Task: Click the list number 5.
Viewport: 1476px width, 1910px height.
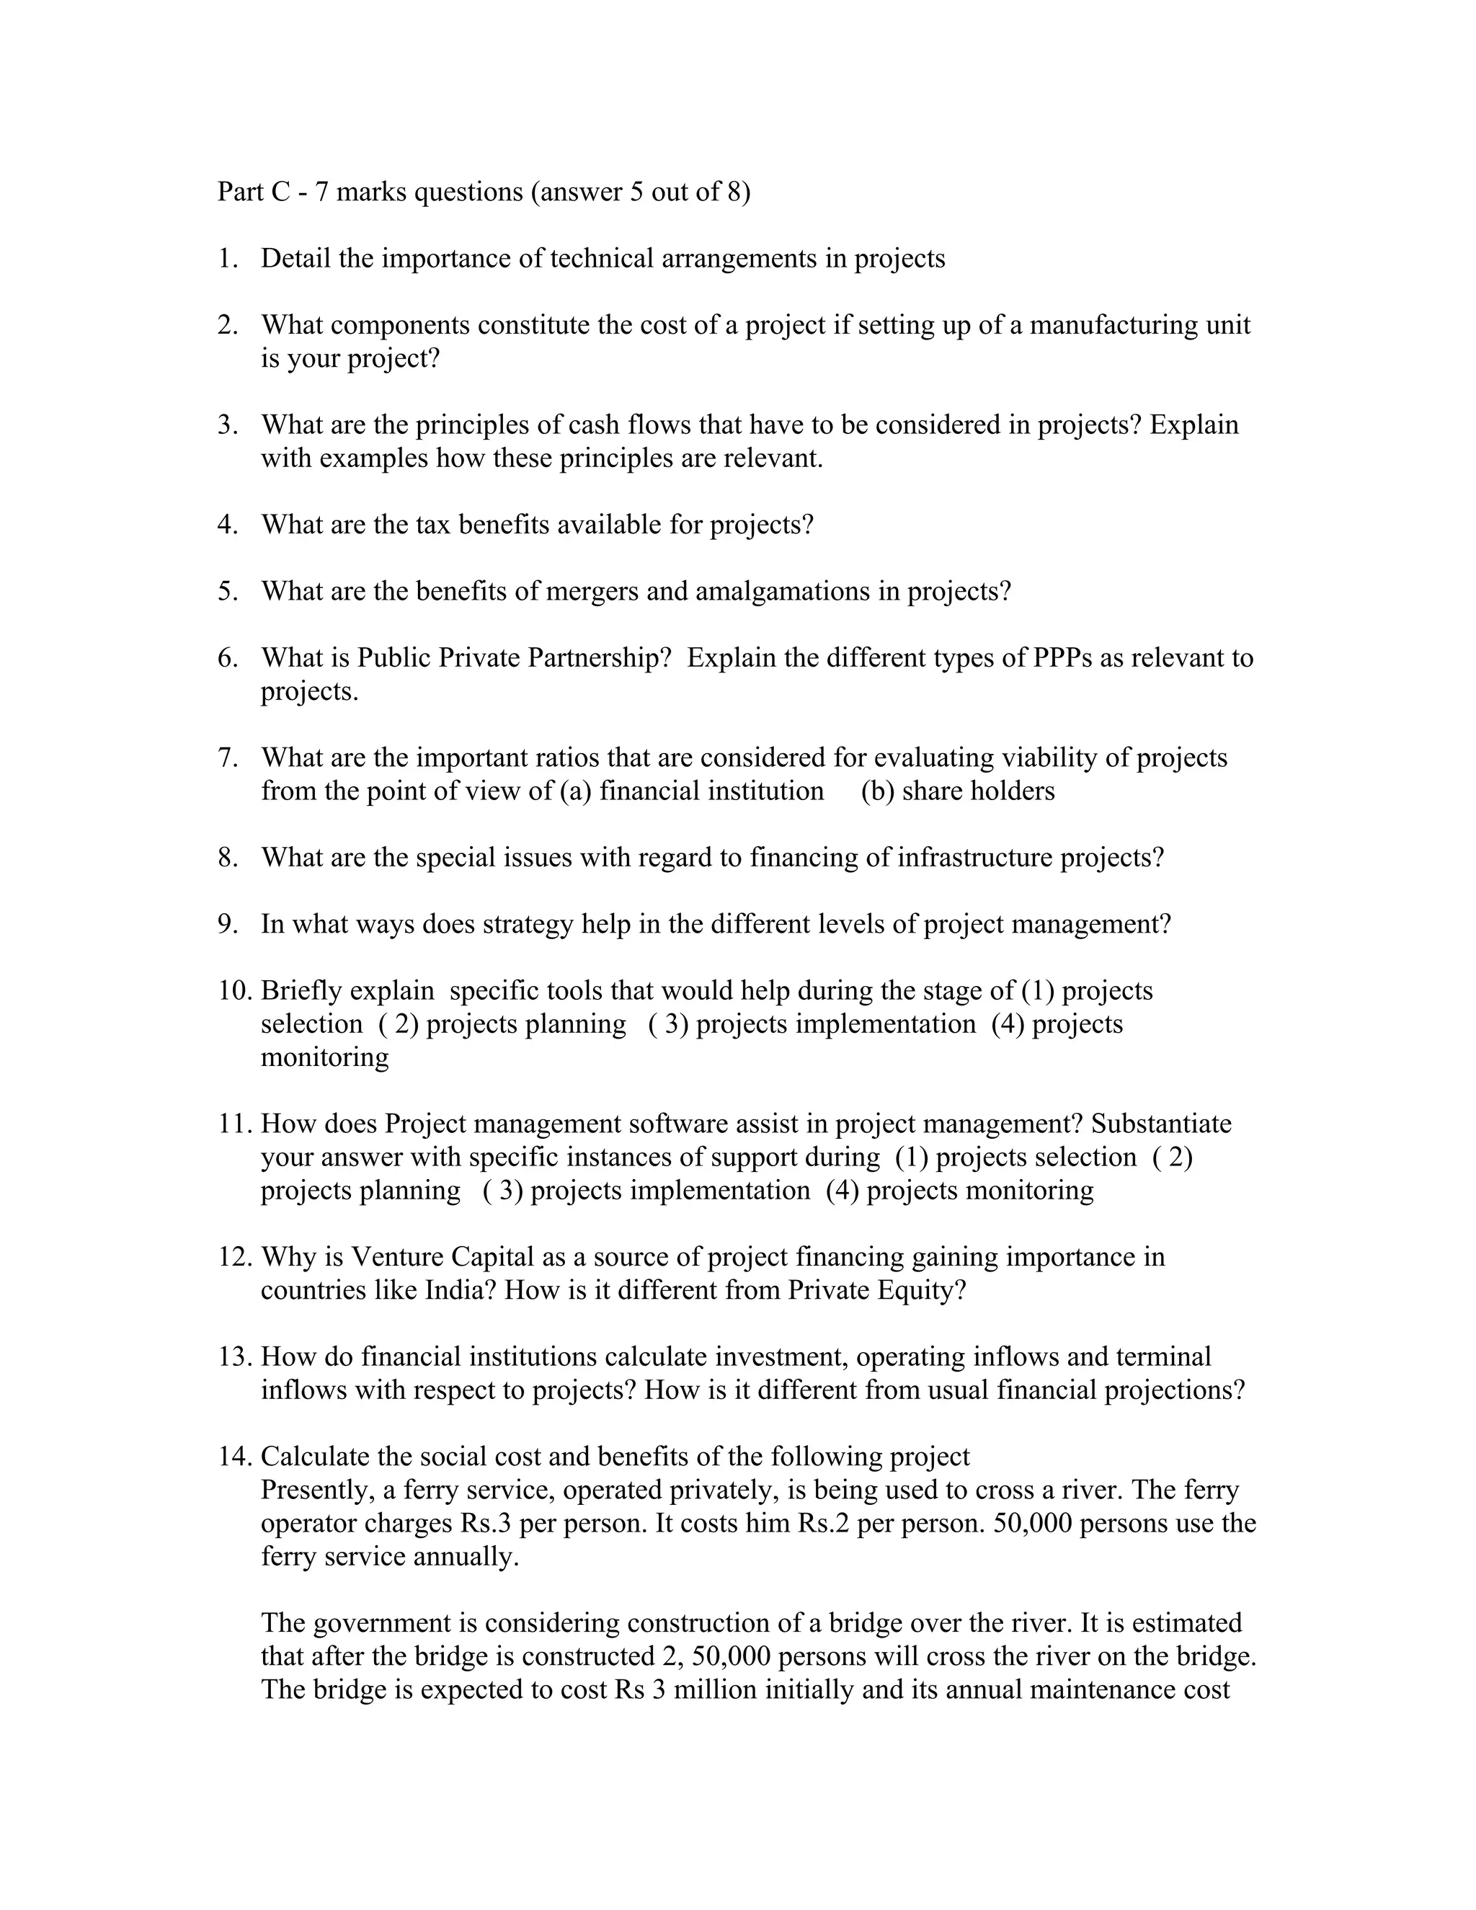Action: [x=226, y=591]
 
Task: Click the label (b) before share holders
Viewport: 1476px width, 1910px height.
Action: [x=877, y=791]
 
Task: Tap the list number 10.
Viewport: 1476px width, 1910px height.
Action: [x=234, y=990]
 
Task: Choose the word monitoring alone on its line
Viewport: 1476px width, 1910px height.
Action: [x=324, y=1057]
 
